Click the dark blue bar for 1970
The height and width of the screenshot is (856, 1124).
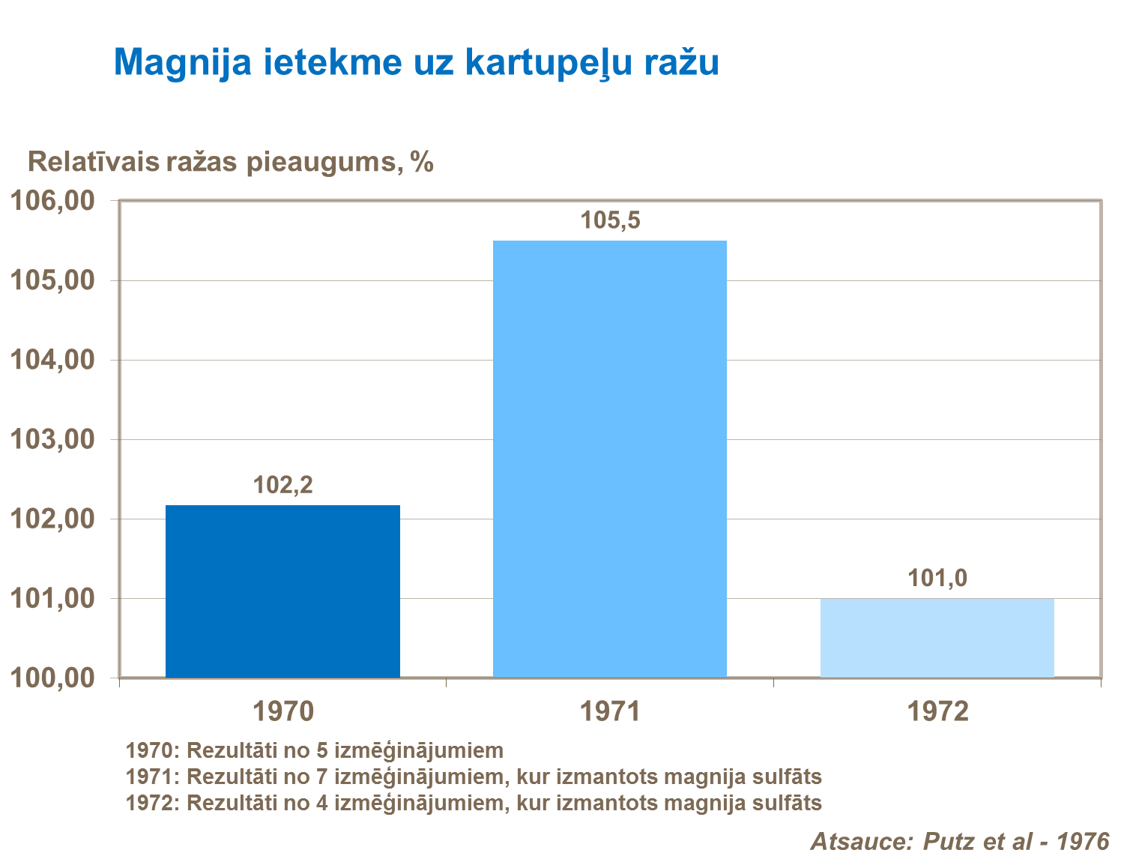click(x=282, y=591)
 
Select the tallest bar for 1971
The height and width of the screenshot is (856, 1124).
click(x=609, y=459)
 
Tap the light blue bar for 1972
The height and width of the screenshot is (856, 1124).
click(x=937, y=638)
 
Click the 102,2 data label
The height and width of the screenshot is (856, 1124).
click(x=282, y=486)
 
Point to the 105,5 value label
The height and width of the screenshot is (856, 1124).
click(x=610, y=220)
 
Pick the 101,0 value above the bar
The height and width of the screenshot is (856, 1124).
click(x=937, y=578)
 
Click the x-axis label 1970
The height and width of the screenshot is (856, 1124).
click(x=282, y=711)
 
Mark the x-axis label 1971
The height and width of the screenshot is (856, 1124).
click(x=610, y=711)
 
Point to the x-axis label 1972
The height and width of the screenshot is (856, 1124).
click(x=937, y=711)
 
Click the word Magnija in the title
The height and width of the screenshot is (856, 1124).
click(x=183, y=63)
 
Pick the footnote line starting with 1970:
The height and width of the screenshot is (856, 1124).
click(x=315, y=750)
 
